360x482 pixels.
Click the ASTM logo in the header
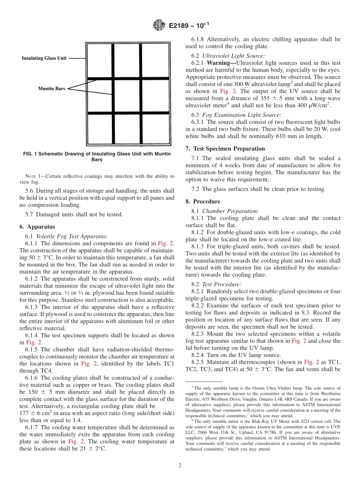click(x=158, y=25)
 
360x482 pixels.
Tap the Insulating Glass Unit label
click(x=44, y=58)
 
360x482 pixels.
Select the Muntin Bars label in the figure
click(x=52, y=89)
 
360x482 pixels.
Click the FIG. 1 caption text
click(x=97, y=156)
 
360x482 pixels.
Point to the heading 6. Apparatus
click(x=37, y=227)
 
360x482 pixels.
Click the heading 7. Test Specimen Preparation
click(x=229, y=149)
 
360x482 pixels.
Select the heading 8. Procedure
click(x=207, y=202)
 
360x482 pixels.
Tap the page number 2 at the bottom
click(x=180, y=465)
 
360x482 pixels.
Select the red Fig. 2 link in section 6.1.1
click(x=165, y=243)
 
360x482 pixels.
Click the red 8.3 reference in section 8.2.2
click(x=305, y=313)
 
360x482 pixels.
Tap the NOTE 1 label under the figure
click(x=31, y=176)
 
